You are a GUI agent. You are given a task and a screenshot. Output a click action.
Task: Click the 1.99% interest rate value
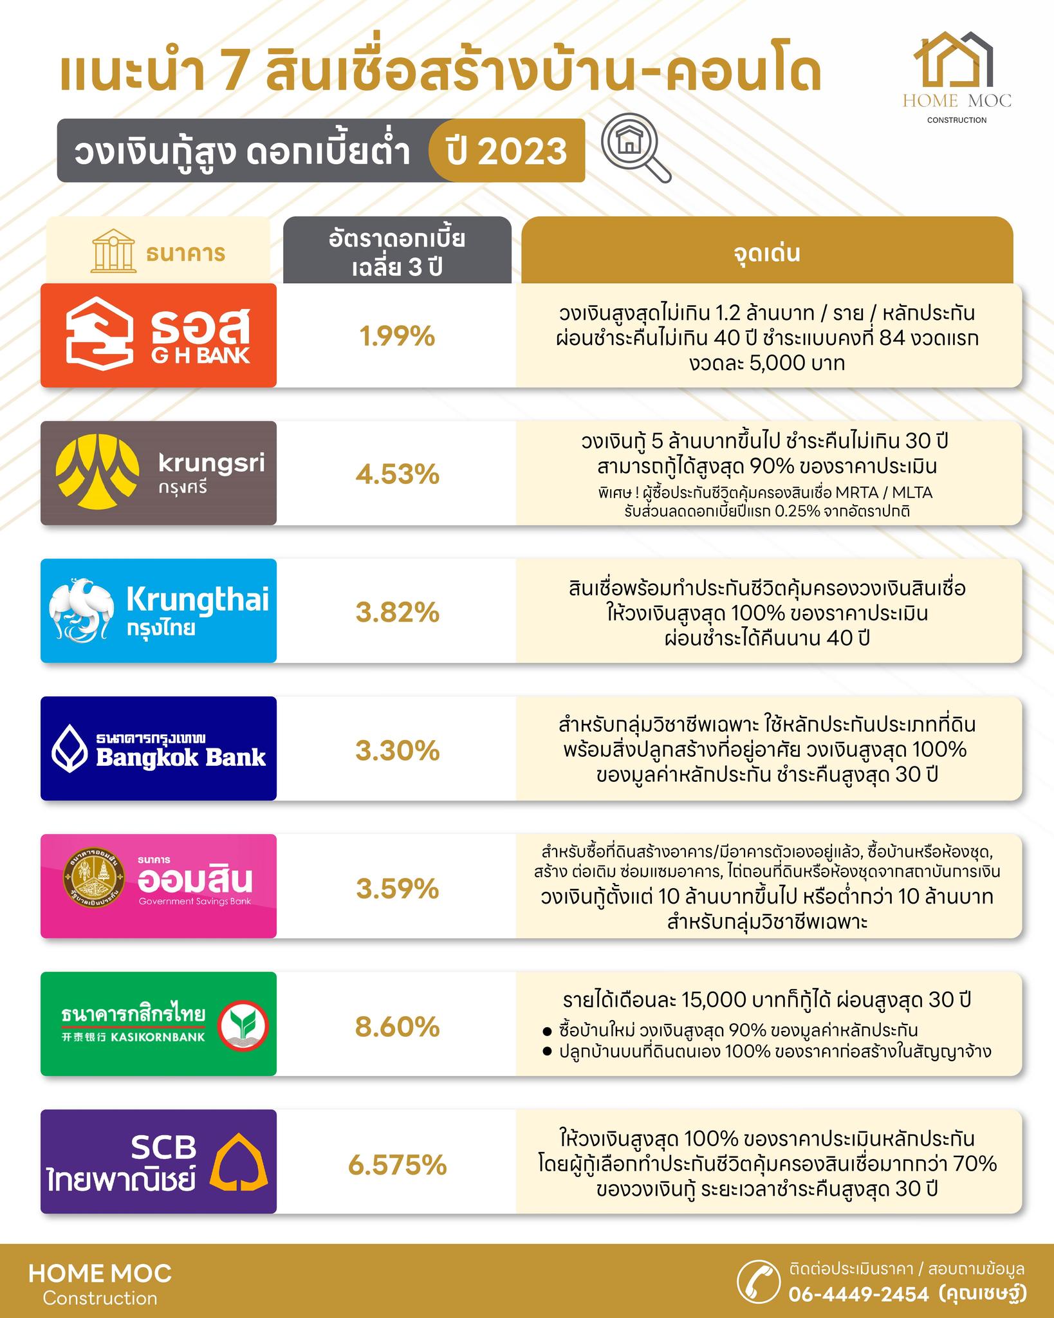397,337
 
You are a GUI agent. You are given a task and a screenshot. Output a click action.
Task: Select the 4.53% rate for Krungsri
397,474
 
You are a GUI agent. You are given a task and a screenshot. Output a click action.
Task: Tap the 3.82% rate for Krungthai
397,612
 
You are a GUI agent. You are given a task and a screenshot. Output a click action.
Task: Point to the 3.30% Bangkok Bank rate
397,750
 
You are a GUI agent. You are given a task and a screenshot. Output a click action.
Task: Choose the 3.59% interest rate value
397,889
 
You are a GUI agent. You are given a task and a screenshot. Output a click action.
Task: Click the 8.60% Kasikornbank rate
397,1026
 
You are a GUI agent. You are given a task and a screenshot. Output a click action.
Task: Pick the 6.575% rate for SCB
397,1165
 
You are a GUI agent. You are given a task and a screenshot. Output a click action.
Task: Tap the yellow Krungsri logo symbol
97,473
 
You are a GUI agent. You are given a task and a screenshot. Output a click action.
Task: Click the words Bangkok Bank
181,757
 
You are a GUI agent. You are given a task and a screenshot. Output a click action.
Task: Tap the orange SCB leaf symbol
240,1168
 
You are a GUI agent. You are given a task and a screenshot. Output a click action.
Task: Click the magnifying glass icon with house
634,151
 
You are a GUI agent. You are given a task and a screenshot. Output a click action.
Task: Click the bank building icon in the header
111,252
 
